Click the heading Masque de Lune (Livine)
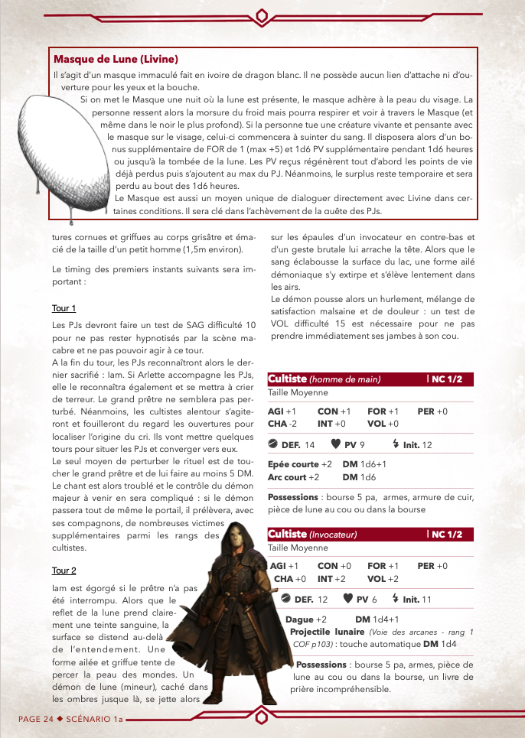[116, 59]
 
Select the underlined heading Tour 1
[64, 308]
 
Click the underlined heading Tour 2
[64, 571]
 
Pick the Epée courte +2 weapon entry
[299, 464]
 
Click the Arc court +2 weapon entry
[295, 476]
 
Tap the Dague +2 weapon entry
[306, 619]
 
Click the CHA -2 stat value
[282, 423]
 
